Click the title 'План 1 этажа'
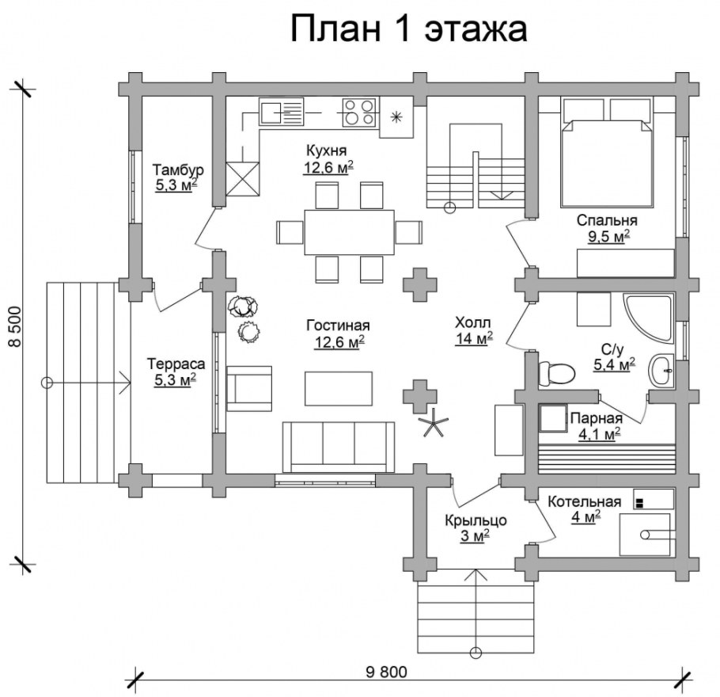[407, 29]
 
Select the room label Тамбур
[178, 169]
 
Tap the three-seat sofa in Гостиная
[339, 447]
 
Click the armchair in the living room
[249, 388]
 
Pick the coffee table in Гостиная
[339, 388]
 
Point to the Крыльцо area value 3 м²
[475, 536]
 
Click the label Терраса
[176, 364]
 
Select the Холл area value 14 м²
[473, 338]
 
